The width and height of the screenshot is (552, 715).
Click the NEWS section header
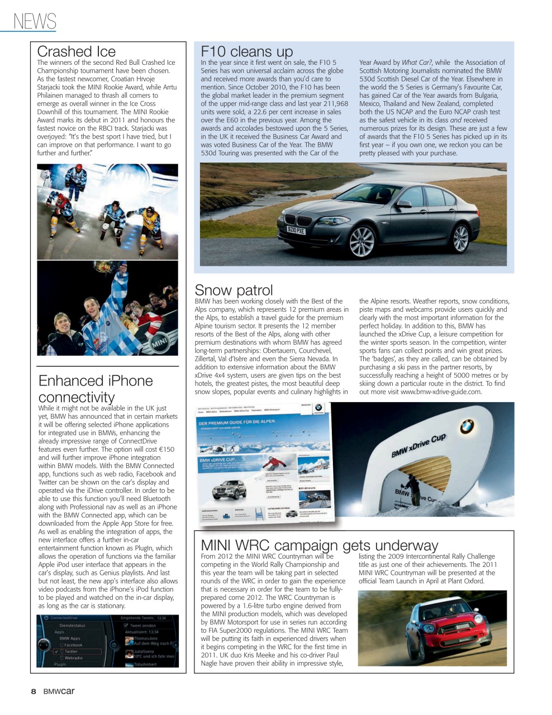click(35, 21)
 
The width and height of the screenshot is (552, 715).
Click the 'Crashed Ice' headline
click(76, 51)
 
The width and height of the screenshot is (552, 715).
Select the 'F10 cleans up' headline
click(246, 51)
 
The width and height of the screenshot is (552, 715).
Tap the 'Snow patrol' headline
click(234, 290)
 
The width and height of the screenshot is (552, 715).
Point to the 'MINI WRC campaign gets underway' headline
click(319, 545)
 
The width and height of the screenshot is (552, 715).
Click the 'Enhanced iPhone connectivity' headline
click(95, 389)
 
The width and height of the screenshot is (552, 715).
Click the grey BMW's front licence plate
click(296, 230)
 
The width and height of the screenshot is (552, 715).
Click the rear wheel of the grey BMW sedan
click(460, 238)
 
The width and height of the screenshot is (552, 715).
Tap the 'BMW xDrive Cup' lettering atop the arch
click(418, 445)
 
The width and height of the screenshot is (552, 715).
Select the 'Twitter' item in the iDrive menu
click(72, 651)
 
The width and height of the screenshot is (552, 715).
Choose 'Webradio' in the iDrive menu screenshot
click(73, 658)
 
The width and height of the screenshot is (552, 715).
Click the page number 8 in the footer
click(33, 692)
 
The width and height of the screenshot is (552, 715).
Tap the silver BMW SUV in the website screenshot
click(229, 490)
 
